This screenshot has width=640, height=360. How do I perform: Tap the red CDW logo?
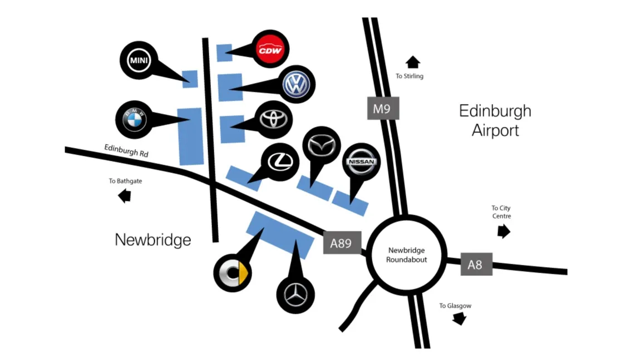tap(270, 50)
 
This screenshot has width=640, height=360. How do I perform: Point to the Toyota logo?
tap(275, 120)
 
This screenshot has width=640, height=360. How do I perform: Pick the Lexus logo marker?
tap(280, 161)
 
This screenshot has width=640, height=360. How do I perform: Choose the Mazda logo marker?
tap(321, 146)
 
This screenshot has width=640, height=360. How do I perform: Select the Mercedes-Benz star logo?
tap(296, 294)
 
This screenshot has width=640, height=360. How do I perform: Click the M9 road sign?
tap(383, 109)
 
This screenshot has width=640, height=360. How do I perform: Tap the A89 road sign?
tap(342, 243)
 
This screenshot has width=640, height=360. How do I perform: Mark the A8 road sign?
tap(476, 264)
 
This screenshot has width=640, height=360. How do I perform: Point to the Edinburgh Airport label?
tap(495, 120)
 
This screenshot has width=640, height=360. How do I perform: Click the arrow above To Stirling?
tap(413, 62)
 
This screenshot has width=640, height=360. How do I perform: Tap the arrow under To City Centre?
tap(503, 230)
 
